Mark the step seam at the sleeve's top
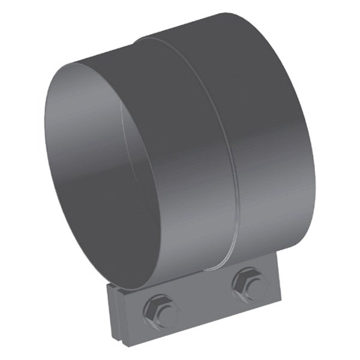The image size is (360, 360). pyautogui.click(x=144, y=40)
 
